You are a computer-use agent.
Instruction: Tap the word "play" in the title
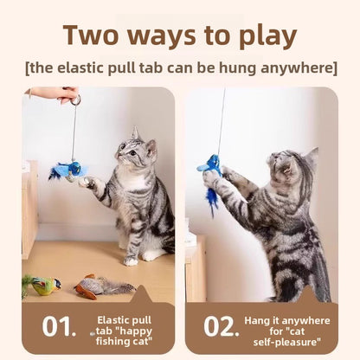coord(264,36)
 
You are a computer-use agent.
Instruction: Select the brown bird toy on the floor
coord(97,286)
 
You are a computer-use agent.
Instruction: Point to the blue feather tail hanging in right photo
coord(210,197)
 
